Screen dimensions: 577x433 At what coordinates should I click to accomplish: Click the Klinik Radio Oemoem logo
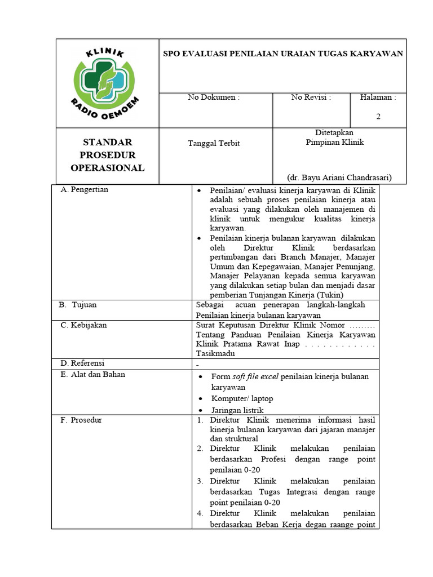pyautogui.click(x=107, y=83)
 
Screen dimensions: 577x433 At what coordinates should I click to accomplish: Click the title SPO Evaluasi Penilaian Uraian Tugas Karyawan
pyautogui.click(x=282, y=54)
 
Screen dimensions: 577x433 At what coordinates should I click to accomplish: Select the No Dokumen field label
pyautogui.click(x=214, y=97)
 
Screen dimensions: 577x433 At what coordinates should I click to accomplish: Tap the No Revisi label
pyautogui.click(x=311, y=97)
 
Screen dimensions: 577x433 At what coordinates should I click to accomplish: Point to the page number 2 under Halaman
pyautogui.click(x=378, y=117)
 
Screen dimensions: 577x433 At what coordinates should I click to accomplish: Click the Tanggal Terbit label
pyautogui.click(x=214, y=143)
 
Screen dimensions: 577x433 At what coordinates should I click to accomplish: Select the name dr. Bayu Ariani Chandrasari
pyautogui.click(x=339, y=177)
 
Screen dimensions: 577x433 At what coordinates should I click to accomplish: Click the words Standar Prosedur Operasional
pyautogui.click(x=107, y=155)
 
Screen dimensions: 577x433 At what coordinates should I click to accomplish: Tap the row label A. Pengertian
pyautogui.click(x=84, y=190)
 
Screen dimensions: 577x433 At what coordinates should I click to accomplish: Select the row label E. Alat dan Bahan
pyautogui.click(x=92, y=374)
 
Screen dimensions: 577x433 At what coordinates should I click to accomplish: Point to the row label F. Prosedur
pyautogui.click(x=81, y=420)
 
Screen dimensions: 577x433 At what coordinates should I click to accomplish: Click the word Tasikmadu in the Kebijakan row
pyautogui.click(x=215, y=353)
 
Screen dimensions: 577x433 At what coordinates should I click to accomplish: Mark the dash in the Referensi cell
pyautogui.click(x=197, y=365)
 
